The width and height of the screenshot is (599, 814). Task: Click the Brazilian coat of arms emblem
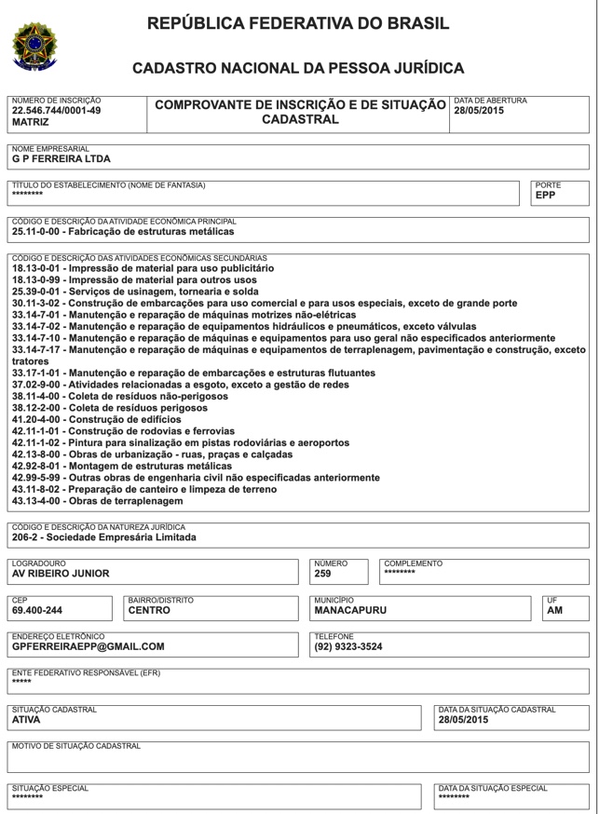(36, 46)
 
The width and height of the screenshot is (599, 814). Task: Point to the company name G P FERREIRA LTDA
(61, 157)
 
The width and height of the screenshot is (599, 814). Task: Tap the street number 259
(322, 574)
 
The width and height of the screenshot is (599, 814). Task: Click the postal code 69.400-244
(39, 610)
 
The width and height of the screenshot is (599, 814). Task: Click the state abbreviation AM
(554, 610)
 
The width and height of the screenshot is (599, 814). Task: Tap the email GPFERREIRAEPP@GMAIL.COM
(88, 646)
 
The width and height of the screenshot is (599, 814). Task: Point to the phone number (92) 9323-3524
(348, 646)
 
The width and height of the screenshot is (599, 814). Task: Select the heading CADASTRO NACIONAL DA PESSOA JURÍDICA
(298, 68)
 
